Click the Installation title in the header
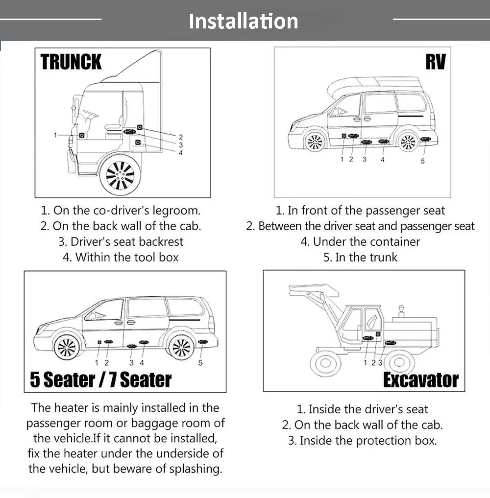click(244, 21)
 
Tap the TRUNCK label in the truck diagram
click(71, 62)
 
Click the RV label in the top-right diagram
click(436, 62)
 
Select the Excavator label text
click(421, 380)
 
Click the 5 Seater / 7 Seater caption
click(100, 380)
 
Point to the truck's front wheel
click(120, 175)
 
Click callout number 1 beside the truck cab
click(55, 135)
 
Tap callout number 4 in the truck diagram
click(180, 153)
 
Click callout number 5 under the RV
click(423, 161)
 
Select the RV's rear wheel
click(408, 142)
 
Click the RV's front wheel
click(315, 142)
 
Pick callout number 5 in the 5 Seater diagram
click(200, 363)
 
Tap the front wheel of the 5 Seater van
click(67, 348)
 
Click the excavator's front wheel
click(325, 362)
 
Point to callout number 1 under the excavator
click(365, 363)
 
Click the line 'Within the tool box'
click(121, 257)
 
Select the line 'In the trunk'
click(360, 257)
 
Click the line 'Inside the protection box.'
click(363, 441)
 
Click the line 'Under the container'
click(360, 242)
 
